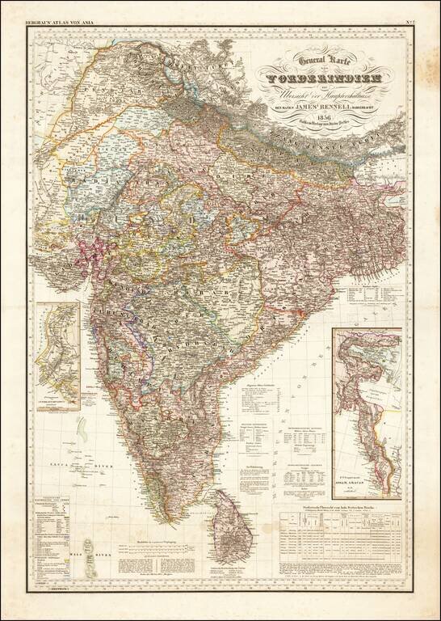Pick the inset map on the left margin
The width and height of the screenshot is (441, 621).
pos(57,356)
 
